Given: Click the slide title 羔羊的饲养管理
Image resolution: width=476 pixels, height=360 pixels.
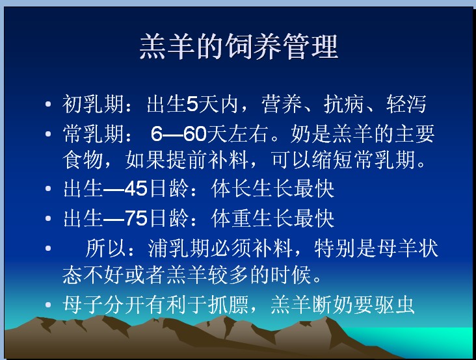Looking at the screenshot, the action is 239,46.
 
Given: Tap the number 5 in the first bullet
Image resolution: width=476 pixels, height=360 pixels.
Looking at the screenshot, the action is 192,104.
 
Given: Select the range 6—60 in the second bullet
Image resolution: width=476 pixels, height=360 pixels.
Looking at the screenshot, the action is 179,133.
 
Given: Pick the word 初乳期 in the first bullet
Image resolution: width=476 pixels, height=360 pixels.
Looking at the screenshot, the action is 93,104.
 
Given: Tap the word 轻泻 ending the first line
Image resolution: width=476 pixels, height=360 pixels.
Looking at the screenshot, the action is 406,104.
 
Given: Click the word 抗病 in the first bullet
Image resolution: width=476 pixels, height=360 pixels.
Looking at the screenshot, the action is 343,104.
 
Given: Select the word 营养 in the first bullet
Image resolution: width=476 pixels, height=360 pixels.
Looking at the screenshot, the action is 282,104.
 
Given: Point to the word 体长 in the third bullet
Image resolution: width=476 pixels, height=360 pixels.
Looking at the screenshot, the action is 231,188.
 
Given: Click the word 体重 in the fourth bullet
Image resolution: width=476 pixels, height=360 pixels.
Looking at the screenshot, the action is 231,218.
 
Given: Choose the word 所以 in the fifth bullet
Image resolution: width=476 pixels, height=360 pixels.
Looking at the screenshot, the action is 105,248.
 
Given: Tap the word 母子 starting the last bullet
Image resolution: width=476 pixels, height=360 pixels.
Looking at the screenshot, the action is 83,304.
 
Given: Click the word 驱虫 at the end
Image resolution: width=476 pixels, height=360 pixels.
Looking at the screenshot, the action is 394,304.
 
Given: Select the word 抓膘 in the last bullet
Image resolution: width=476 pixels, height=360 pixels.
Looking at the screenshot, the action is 228,304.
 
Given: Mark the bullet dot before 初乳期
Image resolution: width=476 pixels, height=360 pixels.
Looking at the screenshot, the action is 48,105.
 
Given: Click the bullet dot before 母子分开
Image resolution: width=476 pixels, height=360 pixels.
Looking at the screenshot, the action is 48,304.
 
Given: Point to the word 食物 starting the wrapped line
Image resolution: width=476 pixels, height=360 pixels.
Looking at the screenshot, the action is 83,159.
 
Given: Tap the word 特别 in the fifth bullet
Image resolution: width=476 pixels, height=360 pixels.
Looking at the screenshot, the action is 334,248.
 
